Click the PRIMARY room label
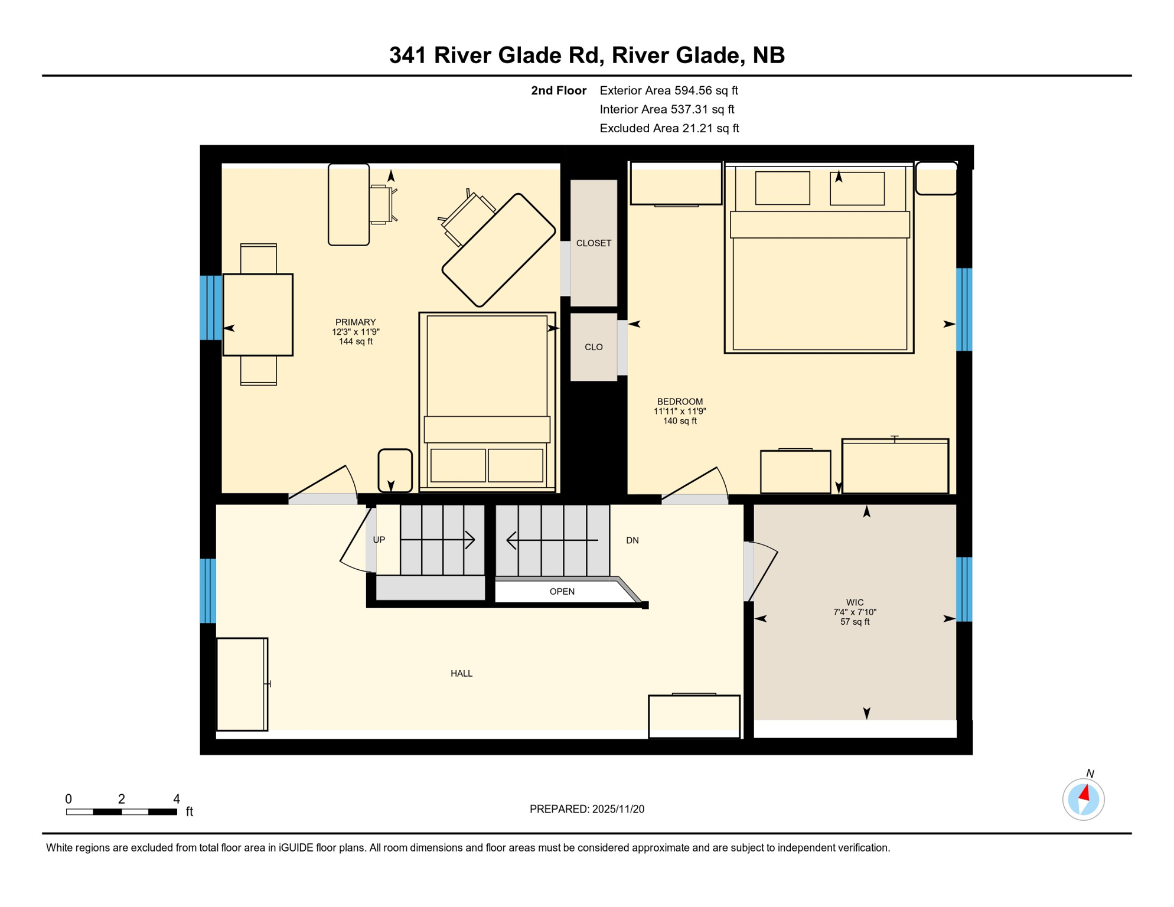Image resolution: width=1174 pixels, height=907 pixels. click(356, 322)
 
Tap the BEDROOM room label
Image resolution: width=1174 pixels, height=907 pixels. click(680, 402)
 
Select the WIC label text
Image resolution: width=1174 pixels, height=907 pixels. click(855, 603)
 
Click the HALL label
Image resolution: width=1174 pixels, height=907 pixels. click(461, 673)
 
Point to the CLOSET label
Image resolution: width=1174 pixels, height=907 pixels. click(593, 243)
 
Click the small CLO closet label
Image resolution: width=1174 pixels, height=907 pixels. click(593, 347)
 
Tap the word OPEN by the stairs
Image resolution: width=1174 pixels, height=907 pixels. click(562, 592)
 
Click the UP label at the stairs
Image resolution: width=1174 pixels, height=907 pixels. click(379, 540)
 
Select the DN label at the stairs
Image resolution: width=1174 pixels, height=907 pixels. click(632, 540)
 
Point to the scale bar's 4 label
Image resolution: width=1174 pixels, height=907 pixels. click(176, 799)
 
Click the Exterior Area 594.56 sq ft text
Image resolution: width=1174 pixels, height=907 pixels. click(668, 90)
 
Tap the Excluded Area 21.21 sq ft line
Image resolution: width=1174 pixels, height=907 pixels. click(668, 128)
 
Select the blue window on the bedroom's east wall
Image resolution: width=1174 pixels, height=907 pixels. click(964, 309)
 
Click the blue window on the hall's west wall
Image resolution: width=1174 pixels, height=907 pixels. click(208, 590)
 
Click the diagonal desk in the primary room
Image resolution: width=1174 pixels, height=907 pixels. click(499, 250)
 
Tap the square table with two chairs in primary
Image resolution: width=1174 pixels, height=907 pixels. click(257, 315)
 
